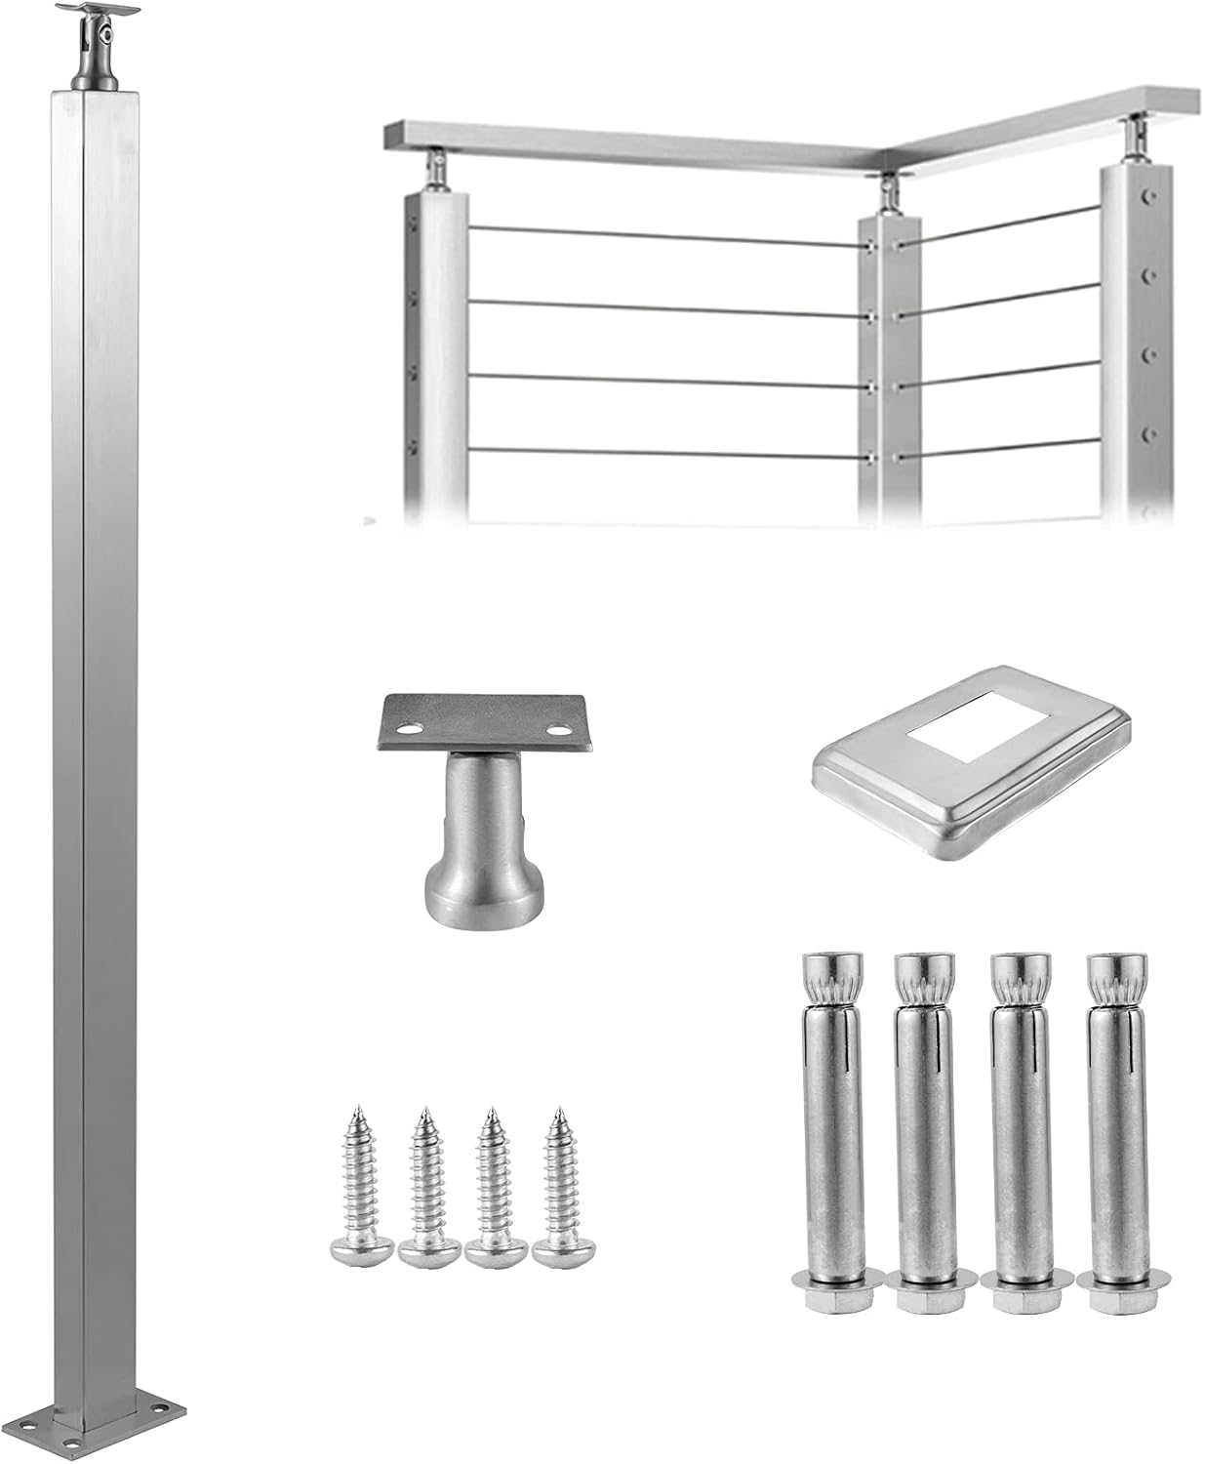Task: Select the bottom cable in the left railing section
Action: [x=663, y=453]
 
